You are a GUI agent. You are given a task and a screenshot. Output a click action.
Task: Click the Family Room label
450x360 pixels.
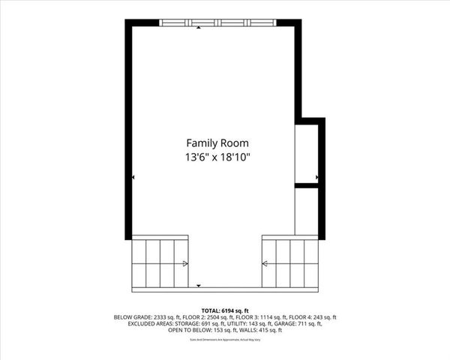coord(217,142)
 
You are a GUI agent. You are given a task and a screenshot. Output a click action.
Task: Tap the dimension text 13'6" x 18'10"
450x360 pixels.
coord(217,157)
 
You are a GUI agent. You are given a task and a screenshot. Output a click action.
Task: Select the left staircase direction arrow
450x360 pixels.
coord(185,263)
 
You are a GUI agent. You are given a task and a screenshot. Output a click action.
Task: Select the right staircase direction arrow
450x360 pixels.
coord(265,263)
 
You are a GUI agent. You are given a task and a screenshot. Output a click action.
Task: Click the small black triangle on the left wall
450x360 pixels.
coord(133,177)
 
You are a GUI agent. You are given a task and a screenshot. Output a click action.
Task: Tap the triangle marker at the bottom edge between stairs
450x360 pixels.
coord(198,286)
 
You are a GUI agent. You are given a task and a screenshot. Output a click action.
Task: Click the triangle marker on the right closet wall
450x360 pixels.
coord(316,178)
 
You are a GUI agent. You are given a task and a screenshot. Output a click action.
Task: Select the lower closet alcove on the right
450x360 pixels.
coord(306,211)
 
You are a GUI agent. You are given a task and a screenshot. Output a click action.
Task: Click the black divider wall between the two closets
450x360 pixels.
coord(307,184)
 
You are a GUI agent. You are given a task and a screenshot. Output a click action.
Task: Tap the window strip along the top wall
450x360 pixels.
coord(217,23)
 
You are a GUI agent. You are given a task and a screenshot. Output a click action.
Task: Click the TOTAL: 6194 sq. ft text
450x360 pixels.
coord(225,310)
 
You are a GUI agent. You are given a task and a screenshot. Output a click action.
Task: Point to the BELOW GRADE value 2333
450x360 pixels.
coord(163,317)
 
